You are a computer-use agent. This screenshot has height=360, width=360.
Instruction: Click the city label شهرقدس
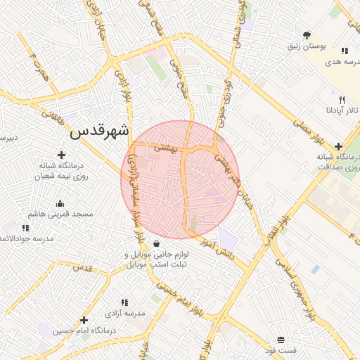pyautogui.click(x=101, y=131)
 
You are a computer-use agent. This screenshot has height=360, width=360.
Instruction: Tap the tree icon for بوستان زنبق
pyautogui.click(x=307, y=34)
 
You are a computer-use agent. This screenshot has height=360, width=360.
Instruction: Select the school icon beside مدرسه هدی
pyautogui.click(x=345, y=51)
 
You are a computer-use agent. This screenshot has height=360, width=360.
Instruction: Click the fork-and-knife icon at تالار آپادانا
pyautogui.click(x=342, y=100)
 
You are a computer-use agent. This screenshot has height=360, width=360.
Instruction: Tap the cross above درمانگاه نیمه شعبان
pyautogui.click(x=61, y=155)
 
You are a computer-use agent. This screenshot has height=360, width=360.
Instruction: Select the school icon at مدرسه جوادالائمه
pyautogui.click(x=26, y=228)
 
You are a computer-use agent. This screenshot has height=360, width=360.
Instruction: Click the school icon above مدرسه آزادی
pyautogui.click(x=124, y=302)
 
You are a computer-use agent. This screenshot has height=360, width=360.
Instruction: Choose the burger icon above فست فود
pyautogui.click(x=281, y=339)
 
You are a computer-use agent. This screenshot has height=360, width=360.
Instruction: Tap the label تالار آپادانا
pyautogui.click(x=342, y=110)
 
